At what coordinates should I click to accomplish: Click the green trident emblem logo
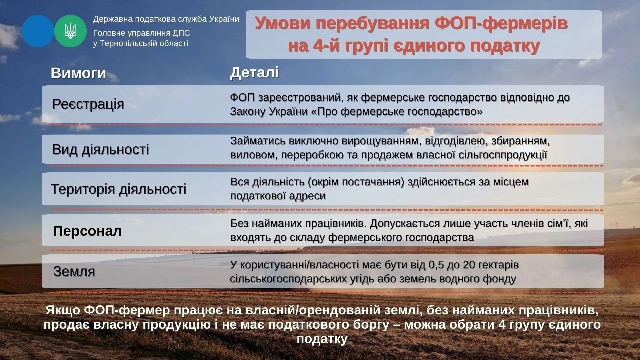pyautogui.click(x=70, y=31)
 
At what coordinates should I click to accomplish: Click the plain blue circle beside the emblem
pyautogui.click(x=38, y=31)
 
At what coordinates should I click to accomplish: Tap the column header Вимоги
pyautogui.click(x=78, y=73)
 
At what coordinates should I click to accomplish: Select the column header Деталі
pyautogui.click(x=254, y=73)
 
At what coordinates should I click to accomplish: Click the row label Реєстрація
pyautogui.click(x=88, y=104)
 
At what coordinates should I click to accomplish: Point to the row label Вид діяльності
pyautogui.click(x=100, y=149)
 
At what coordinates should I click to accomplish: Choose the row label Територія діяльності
pyautogui.click(x=118, y=189)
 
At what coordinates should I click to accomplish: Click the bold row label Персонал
pyautogui.click(x=87, y=231)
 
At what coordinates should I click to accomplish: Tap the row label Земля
pyautogui.click(x=74, y=271)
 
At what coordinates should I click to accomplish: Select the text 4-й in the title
pyautogui.click(x=327, y=46)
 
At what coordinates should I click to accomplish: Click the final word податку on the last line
pyautogui.click(x=322, y=339)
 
